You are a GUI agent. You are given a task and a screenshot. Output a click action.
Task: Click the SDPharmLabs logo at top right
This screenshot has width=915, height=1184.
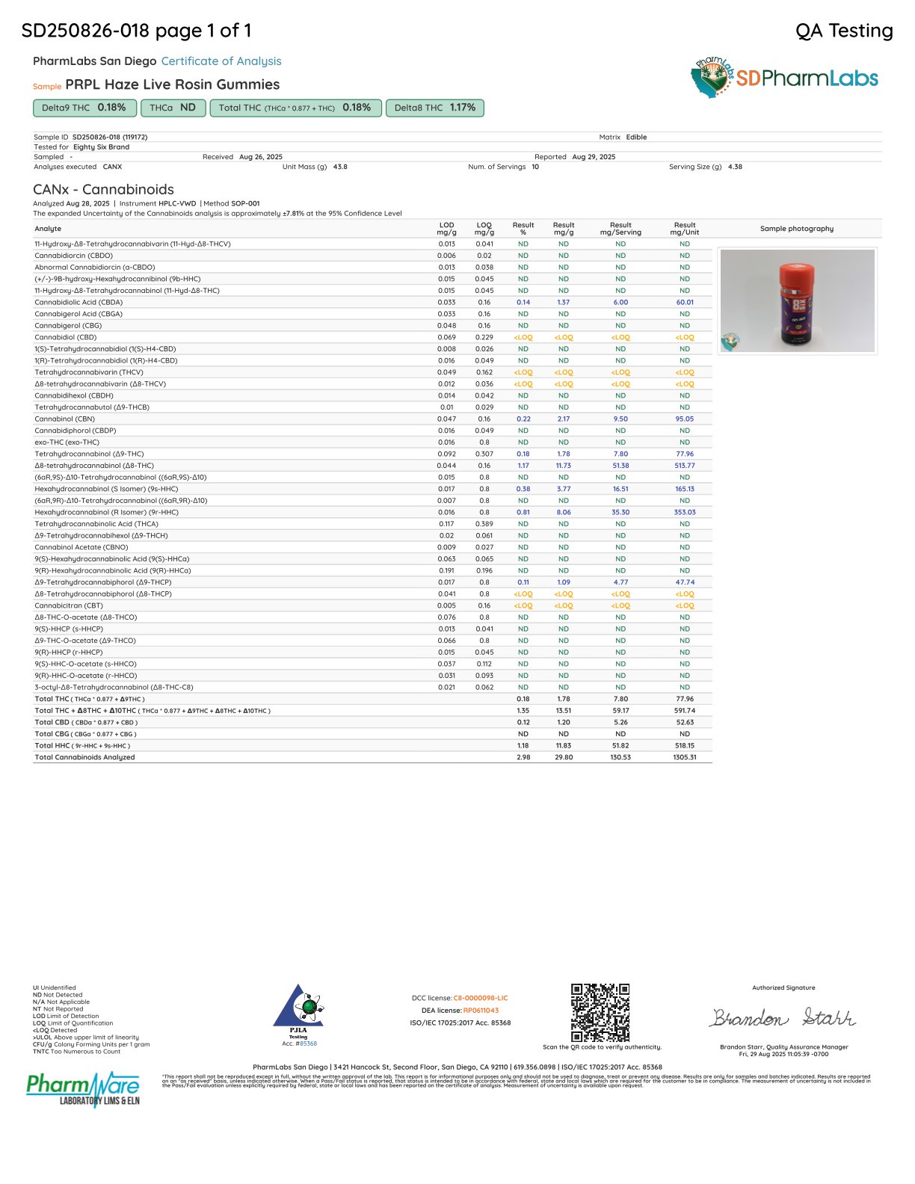784,78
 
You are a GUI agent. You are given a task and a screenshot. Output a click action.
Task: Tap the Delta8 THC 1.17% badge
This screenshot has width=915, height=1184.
435,108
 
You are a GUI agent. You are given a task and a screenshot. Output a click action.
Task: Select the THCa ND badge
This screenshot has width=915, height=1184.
173,108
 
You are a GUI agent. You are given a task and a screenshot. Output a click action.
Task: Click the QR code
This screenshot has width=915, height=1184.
600,1012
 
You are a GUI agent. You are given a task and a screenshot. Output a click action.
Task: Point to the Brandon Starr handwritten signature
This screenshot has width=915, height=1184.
783,1018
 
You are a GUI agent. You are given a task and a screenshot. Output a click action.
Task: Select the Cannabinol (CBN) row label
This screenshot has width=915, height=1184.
64,419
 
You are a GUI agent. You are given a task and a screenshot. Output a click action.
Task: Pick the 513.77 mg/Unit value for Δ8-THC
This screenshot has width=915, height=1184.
685,466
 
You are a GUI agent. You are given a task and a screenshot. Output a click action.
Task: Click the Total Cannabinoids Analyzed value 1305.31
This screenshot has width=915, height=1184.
685,757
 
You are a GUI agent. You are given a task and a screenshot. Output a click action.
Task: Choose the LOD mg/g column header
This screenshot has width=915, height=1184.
446,229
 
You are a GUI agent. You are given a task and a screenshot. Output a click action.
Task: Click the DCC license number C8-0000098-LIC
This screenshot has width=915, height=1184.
481,998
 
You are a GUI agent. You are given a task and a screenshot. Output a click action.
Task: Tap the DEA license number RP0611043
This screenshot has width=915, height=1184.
481,1011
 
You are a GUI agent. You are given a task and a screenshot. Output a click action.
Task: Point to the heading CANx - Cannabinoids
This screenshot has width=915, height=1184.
103,189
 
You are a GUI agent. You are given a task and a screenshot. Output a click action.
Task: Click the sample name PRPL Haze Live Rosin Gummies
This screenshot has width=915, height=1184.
173,84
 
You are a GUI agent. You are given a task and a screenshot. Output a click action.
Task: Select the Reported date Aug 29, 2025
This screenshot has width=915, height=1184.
594,157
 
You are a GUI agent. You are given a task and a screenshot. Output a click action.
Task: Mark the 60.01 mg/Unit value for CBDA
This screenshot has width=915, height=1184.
685,303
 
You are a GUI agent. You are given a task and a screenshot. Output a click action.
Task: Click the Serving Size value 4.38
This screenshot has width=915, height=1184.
735,167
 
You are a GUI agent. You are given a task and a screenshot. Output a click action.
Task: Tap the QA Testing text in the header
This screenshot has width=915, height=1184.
844,31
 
